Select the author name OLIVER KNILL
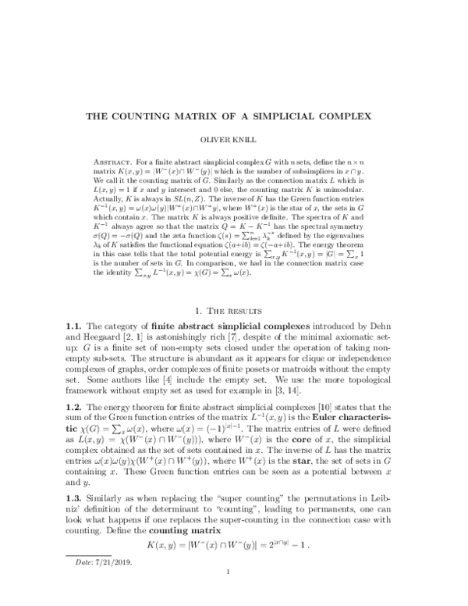[x=235, y=141]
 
